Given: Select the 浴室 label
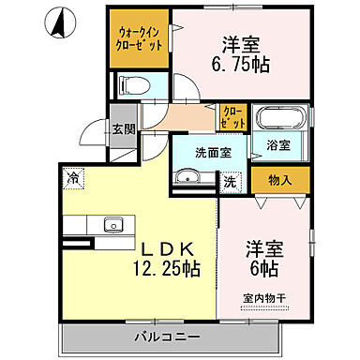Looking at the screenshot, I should pos(278,146).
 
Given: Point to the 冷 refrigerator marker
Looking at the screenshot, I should pos(72,174).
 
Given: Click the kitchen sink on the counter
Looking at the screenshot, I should pos(112,224).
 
